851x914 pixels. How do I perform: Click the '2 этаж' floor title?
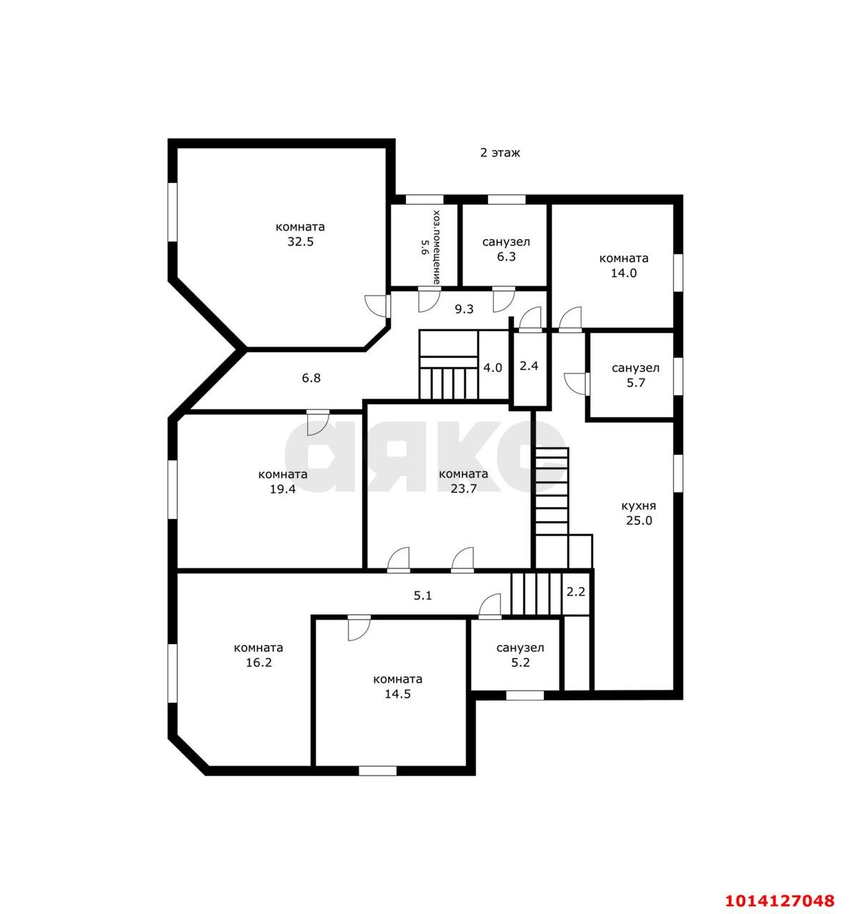[500, 153]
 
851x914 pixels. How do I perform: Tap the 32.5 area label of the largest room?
[300, 241]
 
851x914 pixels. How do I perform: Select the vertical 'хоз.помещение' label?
[437, 247]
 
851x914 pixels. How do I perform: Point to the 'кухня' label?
[639, 506]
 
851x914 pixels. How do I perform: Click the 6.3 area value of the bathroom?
[506, 257]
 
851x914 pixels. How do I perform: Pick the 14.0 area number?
[624, 273]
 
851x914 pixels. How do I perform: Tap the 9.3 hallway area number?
[464, 309]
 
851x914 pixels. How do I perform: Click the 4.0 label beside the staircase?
[492, 368]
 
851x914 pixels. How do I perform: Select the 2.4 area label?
[529, 366]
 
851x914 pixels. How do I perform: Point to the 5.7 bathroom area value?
[636, 383]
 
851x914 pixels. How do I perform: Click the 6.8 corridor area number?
[311, 378]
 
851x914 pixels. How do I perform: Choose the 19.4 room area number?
[283, 489]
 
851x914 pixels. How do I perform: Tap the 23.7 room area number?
[464, 488]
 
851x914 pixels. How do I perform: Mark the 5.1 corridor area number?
[422, 596]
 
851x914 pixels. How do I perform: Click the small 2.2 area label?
[576, 592]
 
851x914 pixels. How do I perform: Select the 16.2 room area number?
[259, 663]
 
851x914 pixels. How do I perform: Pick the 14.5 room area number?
[397, 694]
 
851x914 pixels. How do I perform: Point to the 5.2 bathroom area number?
[520, 663]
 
